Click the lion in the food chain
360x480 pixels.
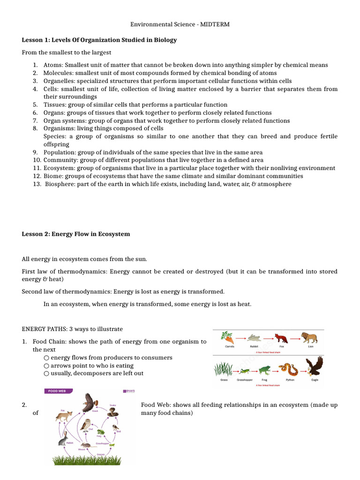pyautogui.click(x=309, y=337)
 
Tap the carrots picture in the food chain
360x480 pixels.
pyautogui.click(x=228, y=337)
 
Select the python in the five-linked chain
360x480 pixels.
pyautogui.click(x=288, y=369)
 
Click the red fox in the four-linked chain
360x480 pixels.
pyautogui.click(x=281, y=338)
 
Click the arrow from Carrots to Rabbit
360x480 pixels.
pyautogui.click(x=241, y=338)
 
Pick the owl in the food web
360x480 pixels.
pyautogui.click(x=86, y=425)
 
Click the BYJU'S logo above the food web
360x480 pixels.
pyautogui.click(x=128, y=390)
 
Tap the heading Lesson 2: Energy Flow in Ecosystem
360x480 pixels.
pyautogui.click(x=76, y=234)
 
